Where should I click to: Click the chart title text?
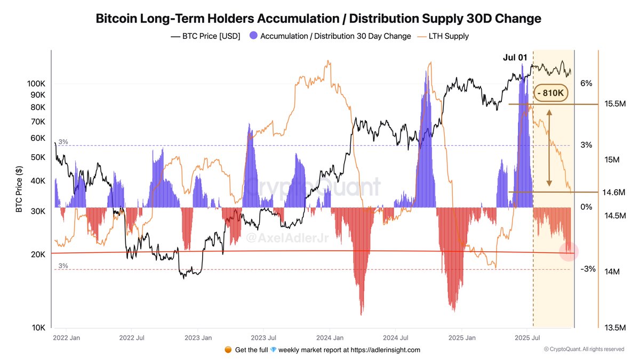318,19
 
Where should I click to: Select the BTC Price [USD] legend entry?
205,36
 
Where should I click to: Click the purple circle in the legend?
254,36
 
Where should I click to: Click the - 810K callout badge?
551,93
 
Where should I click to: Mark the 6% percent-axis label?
587,83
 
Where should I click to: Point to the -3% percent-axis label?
588,269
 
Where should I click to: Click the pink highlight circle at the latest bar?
569,251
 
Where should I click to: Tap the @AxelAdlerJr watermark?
280,239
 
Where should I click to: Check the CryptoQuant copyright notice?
583,349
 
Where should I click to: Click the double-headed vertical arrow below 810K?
549,147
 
